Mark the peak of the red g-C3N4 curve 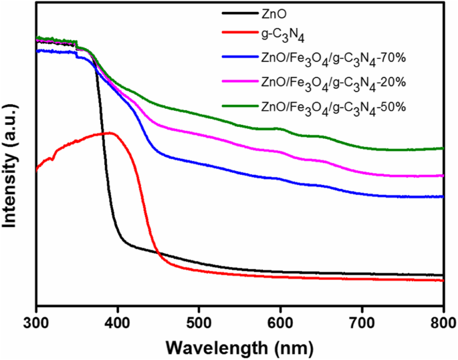pos(110,133)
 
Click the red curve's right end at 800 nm pos(443,281)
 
